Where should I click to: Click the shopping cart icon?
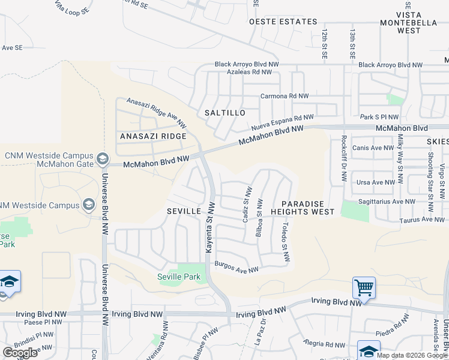click(x=364, y=288)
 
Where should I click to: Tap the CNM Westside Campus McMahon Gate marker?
click(x=101, y=159)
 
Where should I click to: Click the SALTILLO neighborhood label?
click(x=224, y=113)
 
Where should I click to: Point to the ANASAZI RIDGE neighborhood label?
click(x=152, y=136)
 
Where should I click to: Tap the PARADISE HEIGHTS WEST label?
click(x=302, y=208)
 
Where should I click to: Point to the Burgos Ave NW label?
click(x=236, y=266)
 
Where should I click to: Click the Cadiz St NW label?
click(x=246, y=204)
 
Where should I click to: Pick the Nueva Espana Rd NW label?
click(x=282, y=124)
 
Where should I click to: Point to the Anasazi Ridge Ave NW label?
click(x=155, y=112)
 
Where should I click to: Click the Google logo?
click(x=20, y=353)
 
